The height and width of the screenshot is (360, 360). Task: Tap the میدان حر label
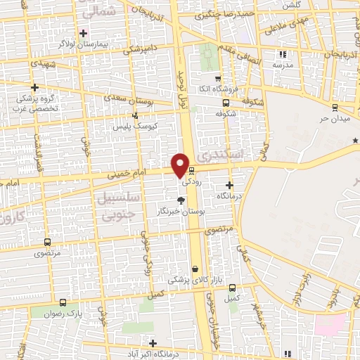point(335,119)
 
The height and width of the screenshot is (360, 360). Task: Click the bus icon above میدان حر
point(335,108)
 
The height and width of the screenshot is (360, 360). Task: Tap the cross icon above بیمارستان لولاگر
point(84,33)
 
